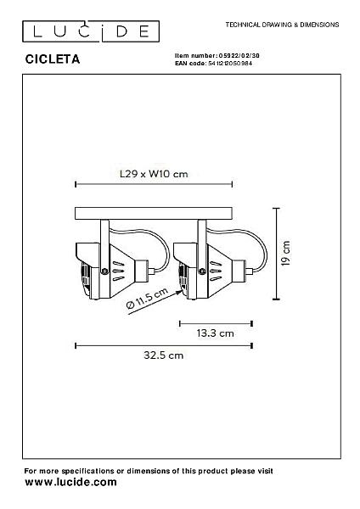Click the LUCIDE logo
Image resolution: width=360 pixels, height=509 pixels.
[x=91, y=31]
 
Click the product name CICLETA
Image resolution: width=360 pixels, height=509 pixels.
[x=53, y=59]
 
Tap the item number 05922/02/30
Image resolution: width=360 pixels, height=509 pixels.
[x=239, y=55]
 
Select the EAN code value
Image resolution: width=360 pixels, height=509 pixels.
[x=230, y=64]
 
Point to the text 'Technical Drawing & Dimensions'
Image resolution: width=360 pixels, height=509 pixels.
[x=283, y=25]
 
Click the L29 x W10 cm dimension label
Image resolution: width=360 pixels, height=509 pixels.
[x=154, y=174]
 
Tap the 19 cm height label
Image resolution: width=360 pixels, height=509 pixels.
[x=286, y=254]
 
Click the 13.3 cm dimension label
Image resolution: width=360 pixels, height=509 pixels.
[x=215, y=333]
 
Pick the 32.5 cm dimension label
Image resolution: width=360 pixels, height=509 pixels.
[x=163, y=355]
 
